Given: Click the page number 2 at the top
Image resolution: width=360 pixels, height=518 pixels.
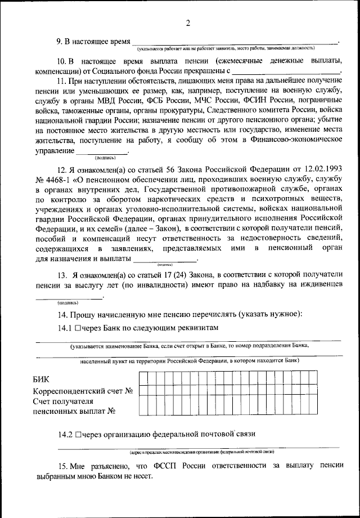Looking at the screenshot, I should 187,23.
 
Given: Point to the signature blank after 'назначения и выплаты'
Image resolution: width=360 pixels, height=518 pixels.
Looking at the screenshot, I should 165,260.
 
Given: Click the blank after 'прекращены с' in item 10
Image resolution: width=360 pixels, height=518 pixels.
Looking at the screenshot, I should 286,71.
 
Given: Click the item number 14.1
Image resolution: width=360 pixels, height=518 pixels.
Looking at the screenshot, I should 64,327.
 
